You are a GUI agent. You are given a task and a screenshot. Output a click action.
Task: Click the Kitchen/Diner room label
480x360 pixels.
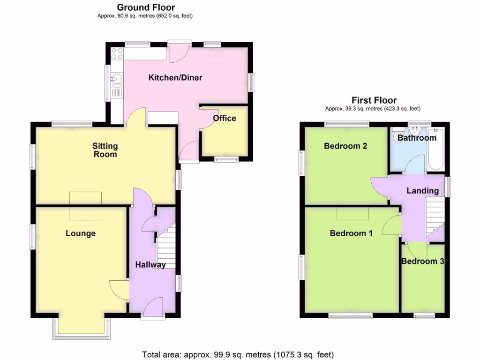tap(175, 77)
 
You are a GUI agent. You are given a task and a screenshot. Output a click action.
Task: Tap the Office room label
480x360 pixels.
tap(225, 118)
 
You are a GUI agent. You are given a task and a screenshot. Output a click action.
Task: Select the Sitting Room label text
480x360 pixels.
tap(105, 150)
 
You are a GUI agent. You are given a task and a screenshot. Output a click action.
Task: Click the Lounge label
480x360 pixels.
tap(81, 233)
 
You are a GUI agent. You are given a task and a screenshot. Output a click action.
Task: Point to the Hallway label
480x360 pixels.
tap(150, 265)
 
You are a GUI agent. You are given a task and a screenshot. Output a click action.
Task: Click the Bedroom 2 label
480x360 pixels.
tap(345, 146)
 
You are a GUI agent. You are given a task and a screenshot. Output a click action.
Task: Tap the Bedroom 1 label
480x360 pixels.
tap(351, 233)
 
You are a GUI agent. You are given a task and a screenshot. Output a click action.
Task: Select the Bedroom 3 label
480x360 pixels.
tap(422, 261)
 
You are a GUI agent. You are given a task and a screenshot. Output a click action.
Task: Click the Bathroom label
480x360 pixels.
tap(417, 138)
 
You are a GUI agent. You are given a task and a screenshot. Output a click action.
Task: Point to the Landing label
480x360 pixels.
tap(422, 190)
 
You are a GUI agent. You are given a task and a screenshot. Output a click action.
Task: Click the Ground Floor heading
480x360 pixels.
tap(146, 7)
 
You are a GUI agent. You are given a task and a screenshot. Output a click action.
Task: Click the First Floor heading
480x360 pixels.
tap(374, 100)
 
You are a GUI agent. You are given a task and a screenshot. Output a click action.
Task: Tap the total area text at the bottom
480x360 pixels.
tap(238, 354)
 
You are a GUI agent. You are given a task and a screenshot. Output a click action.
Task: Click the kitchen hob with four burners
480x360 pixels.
tap(117, 53)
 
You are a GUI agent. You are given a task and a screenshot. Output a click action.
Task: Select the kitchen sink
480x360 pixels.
tap(116, 81)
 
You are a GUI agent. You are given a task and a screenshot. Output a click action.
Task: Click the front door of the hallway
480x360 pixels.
tap(153, 311)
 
